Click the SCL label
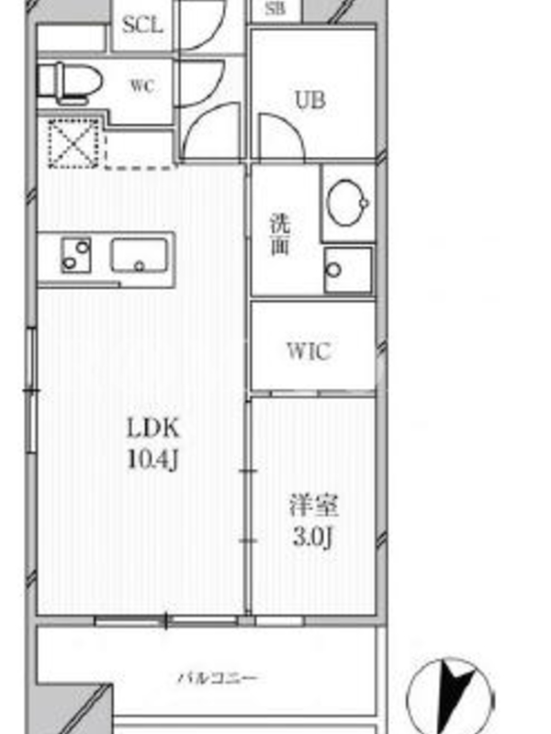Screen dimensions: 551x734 (142, 25)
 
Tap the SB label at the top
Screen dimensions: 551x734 (275, 8)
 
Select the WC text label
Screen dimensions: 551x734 (142, 86)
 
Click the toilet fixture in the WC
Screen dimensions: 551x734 (70, 83)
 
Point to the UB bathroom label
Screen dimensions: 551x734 (310, 100)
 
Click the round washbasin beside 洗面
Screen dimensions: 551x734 (348, 203)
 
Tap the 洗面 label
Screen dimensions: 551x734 (280, 235)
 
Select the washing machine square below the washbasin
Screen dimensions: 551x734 (348, 269)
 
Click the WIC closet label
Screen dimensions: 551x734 (309, 351)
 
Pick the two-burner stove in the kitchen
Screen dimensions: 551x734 (76, 255)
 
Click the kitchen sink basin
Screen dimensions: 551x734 (139, 255)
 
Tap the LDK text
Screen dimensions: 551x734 (153, 428)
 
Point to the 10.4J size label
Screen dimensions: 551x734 (153, 460)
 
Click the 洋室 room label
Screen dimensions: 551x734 (313, 506)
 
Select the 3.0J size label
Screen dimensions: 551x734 (312, 537)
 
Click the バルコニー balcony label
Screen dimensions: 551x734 (218, 678)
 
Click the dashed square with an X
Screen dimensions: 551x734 (74, 144)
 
